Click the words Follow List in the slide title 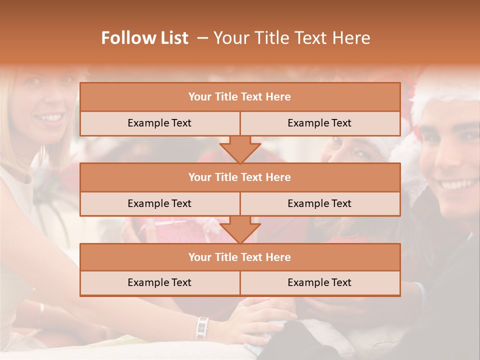[145, 38]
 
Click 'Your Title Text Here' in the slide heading [291, 38]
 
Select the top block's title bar [240, 97]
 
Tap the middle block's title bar [240, 177]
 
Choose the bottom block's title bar [240, 257]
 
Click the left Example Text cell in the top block [159, 123]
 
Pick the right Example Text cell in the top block [319, 123]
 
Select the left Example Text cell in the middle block [159, 203]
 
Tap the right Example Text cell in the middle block [319, 203]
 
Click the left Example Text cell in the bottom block [159, 282]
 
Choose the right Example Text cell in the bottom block [319, 282]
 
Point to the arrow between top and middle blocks [240, 149]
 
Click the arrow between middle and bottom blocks [240, 230]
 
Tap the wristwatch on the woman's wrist [202, 328]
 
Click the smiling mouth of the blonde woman [49, 118]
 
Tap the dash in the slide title [202, 38]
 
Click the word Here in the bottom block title [278, 257]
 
